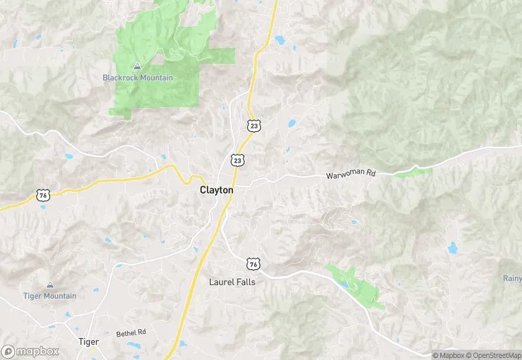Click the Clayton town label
click(x=216, y=190)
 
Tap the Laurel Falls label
click(x=232, y=282)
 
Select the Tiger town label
click(x=89, y=341)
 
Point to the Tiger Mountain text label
click(x=49, y=296)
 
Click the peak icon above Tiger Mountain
click(x=49, y=285)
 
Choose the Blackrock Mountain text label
click(x=137, y=78)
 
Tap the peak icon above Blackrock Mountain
click(x=137, y=67)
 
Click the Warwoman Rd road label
click(x=350, y=175)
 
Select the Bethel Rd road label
click(x=131, y=333)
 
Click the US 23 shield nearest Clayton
click(x=238, y=160)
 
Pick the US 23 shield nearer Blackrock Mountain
click(x=254, y=125)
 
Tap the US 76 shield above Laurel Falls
click(x=254, y=264)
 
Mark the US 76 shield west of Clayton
click(x=43, y=196)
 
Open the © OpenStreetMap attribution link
click(x=492, y=355)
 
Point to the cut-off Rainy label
click(x=512, y=278)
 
